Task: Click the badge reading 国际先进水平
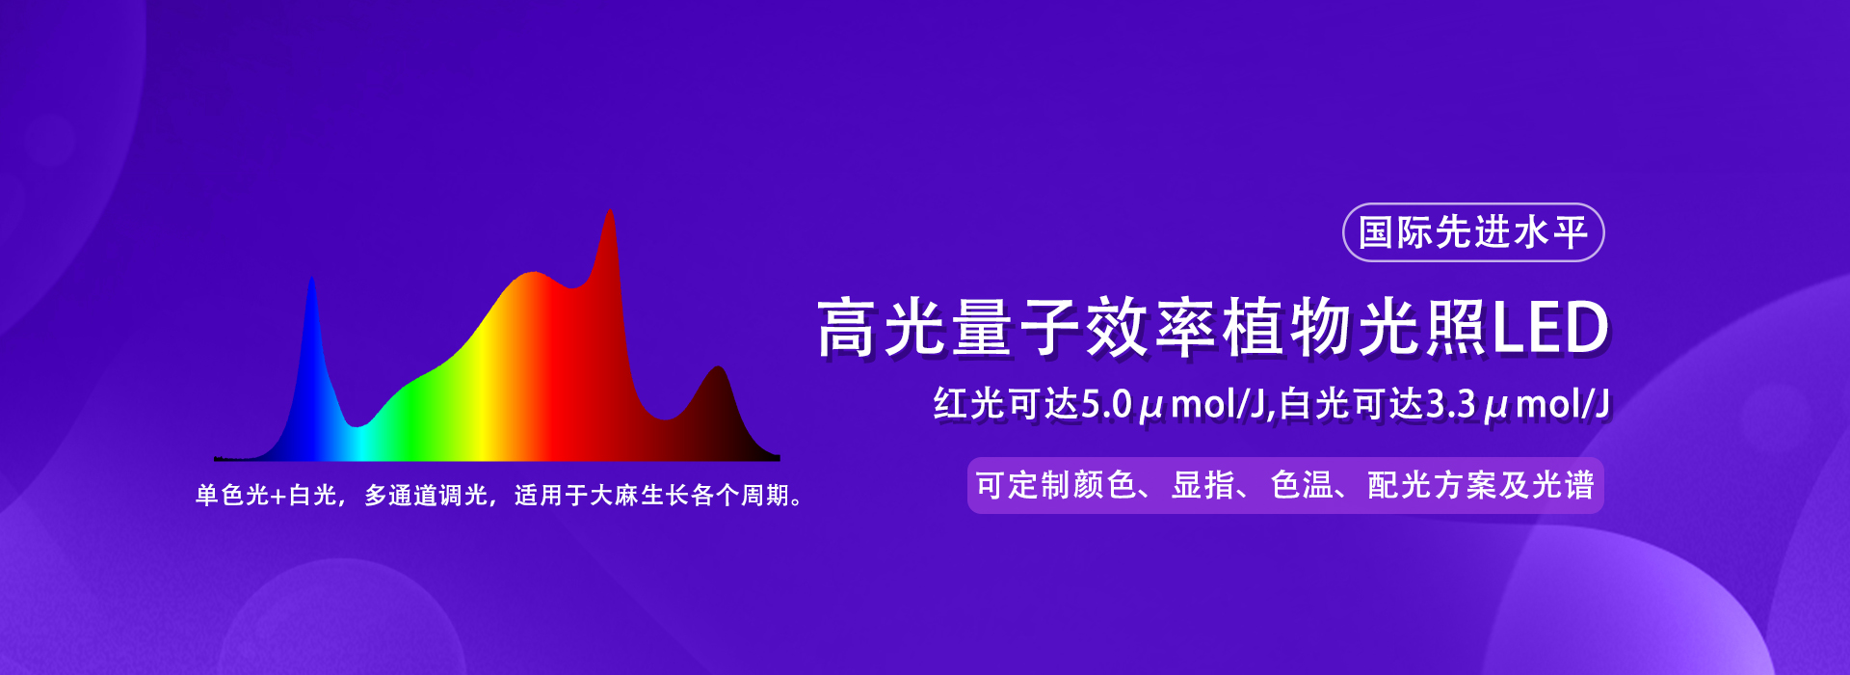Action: [x=1473, y=232]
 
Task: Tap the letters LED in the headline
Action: [x=1551, y=328]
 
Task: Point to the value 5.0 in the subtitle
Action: [x=1107, y=404]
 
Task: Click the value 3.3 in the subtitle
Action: [x=1451, y=404]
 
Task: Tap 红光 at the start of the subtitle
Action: [x=969, y=404]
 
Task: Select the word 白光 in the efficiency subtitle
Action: [x=1315, y=404]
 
